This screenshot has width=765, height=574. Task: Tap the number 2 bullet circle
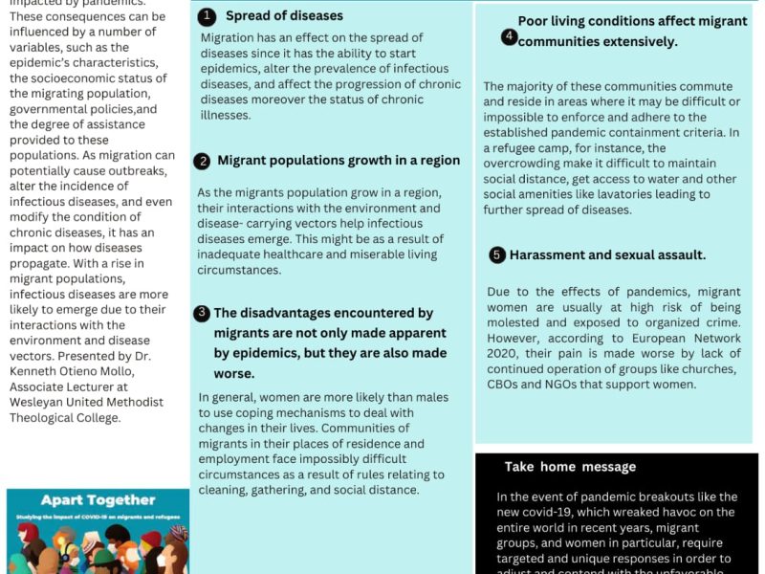click(202, 162)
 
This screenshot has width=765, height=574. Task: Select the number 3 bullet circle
click(202, 314)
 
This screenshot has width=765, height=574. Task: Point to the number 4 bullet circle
click(510, 36)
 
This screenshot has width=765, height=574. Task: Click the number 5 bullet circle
click(496, 255)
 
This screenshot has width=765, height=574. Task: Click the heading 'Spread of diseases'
click(284, 16)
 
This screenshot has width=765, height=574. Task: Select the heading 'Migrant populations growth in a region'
click(339, 161)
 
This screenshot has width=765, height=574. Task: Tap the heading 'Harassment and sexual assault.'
click(607, 255)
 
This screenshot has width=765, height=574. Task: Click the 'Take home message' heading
click(570, 467)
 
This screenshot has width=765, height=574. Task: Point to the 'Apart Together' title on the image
click(98, 499)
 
